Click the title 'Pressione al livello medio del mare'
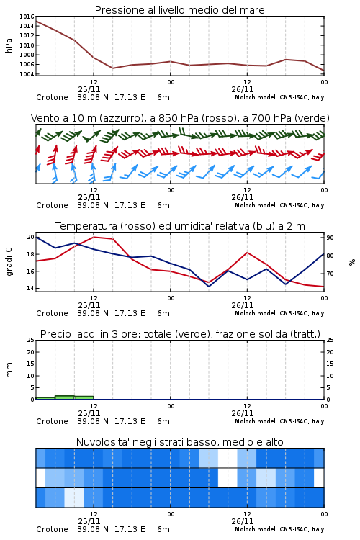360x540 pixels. tap(179, 10)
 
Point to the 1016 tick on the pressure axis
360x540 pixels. tap(27, 17)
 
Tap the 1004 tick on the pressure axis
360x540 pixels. tap(27, 74)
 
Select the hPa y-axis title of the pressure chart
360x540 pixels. tap(9, 45)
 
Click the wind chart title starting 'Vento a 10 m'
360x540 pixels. tap(180, 118)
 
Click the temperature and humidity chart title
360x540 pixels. tap(180, 226)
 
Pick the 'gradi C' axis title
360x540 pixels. tap(9, 261)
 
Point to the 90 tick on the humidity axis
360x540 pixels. tap(330, 238)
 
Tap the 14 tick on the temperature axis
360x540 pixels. tap(30, 288)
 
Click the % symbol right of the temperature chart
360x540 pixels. tap(352, 262)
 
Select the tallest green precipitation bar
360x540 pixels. tap(64, 397)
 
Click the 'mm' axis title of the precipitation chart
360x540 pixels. tap(9, 370)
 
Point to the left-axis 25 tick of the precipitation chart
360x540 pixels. tap(30, 340)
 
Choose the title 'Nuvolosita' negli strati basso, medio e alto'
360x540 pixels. tap(179, 442)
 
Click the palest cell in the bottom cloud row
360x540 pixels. tap(74, 498)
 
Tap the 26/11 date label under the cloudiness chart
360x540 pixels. tap(242, 521)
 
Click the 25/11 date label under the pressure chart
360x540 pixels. tap(89, 89)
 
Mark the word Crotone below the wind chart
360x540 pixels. tap(52, 205)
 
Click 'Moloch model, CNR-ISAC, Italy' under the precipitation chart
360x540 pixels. tap(279, 421)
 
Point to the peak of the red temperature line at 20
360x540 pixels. tap(94, 237)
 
